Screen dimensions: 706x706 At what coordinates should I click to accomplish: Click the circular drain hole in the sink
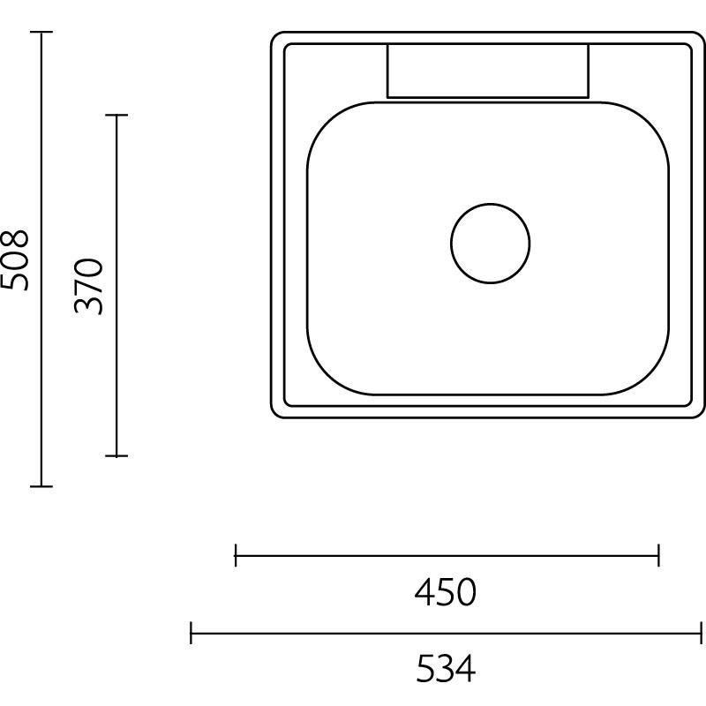pyautogui.click(x=490, y=244)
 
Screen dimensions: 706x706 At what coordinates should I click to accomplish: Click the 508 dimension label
pyautogui.click(x=16, y=259)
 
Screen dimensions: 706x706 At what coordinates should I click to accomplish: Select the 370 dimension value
pyautogui.click(x=90, y=286)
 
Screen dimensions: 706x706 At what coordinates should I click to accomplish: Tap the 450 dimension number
pyautogui.click(x=446, y=592)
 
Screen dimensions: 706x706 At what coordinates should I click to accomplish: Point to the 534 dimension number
pyautogui.click(x=446, y=669)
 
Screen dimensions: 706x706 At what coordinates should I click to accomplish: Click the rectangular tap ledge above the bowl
pyautogui.click(x=487, y=71)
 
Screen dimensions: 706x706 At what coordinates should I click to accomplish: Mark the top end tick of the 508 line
pyautogui.click(x=41, y=32)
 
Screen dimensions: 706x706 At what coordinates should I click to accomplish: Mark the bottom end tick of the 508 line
pyautogui.click(x=41, y=485)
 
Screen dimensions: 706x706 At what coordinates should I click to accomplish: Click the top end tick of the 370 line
pyautogui.click(x=116, y=115)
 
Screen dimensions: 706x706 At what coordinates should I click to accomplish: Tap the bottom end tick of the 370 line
pyautogui.click(x=116, y=455)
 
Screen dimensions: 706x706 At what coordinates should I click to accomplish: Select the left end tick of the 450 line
pyautogui.click(x=236, y=555)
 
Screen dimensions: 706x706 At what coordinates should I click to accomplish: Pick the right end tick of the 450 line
pyautogui.click(x=658, y=555)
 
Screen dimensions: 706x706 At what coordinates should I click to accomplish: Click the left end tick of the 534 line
pyautogui.click(x=192, y=632)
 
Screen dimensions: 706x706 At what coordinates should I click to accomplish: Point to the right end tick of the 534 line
pyautogui.click(x=701, y=632)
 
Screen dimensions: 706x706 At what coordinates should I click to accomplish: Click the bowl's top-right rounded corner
pyautogui.click(x=653, y=118)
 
